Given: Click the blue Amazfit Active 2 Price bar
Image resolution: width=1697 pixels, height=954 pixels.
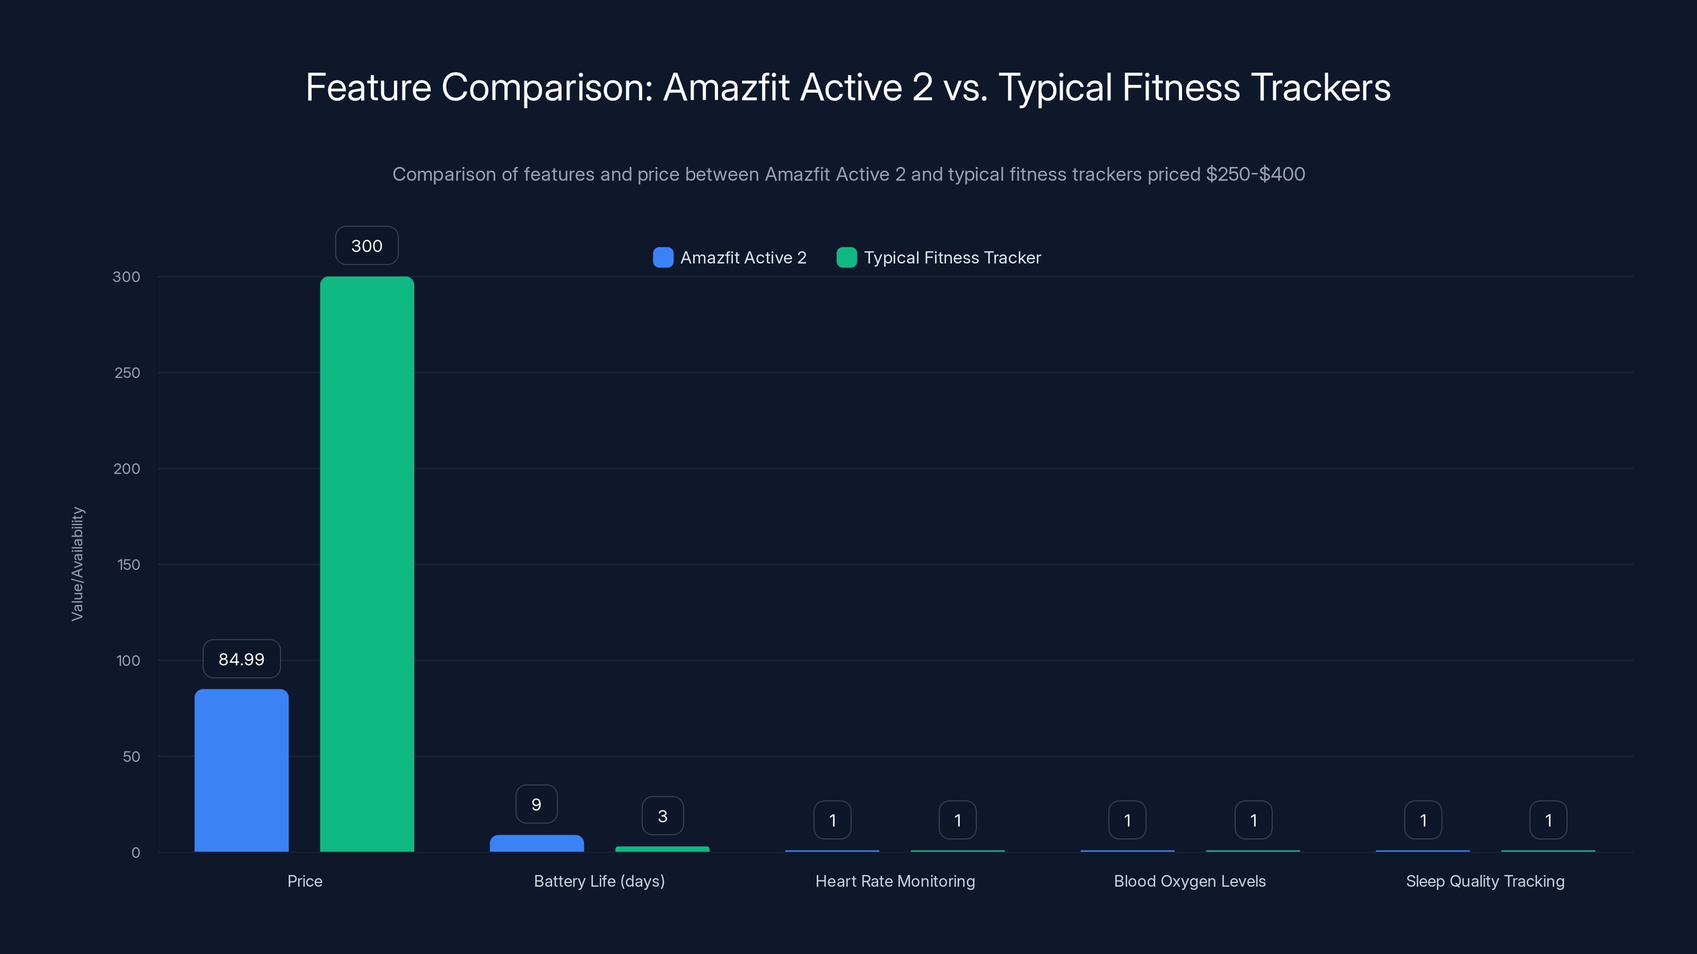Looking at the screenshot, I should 241,770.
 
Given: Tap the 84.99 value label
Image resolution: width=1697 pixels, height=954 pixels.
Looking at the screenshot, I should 241,659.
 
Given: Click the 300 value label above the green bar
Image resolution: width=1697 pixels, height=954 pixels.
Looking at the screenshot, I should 367,245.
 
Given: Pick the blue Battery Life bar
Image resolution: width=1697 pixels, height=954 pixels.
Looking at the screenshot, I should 536,843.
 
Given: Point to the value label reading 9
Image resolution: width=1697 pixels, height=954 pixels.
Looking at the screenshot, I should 536,804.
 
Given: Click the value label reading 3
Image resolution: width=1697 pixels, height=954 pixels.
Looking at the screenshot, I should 662,816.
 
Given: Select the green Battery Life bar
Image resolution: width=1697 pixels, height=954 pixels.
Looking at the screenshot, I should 662,849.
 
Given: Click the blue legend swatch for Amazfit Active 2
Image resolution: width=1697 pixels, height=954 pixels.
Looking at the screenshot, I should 663,258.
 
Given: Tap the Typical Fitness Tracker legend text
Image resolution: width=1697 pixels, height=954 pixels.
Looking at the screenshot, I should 952,258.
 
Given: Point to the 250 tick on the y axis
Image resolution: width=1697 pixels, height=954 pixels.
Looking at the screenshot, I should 127,373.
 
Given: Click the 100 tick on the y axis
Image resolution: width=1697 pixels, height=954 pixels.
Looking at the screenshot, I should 128,660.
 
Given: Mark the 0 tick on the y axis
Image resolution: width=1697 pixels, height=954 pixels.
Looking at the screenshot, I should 136,853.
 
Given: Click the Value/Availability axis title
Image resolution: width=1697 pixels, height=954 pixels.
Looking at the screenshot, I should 77,563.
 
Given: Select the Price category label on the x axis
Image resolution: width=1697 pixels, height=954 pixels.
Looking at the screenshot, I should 304,881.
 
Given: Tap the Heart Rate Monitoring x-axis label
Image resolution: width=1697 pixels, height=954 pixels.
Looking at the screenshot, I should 895,881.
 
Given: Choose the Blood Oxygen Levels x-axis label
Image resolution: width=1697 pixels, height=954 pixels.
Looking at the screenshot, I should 1189,881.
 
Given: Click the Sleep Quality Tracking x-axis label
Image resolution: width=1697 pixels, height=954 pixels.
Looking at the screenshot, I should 1485,881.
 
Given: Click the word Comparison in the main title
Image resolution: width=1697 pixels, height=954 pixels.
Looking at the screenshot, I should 546,87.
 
